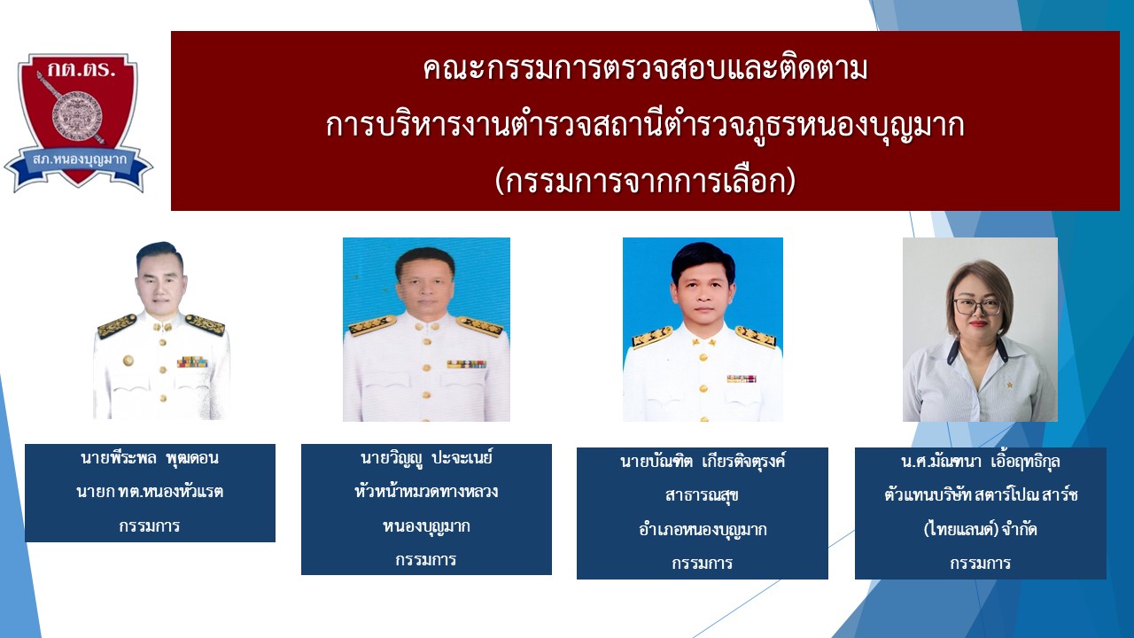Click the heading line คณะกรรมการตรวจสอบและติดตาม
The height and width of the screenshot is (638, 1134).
tap(645, 70)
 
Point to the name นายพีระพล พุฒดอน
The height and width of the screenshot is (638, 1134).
tap(150, 459)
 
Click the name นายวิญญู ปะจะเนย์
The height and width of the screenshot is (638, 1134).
tap(426, 458)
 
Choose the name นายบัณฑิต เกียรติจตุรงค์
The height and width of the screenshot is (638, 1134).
tap(703, 462)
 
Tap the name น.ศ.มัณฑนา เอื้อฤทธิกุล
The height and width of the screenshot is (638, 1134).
tap(980, 462)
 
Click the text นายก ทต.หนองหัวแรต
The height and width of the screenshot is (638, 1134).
tap(150, 492)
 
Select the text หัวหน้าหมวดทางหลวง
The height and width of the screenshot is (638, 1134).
tap(426, 492)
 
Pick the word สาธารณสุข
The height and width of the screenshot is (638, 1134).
tap(703, 495)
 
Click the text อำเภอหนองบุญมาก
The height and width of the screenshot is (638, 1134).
tap(703, 530)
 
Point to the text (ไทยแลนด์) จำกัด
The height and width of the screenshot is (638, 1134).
tap(980, 530)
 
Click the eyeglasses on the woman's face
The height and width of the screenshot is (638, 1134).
tap(977, 306)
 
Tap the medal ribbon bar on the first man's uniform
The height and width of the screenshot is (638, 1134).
tap(192, 362)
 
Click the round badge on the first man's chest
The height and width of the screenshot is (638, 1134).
tap(128, 361)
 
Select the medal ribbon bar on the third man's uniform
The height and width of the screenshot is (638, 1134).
tap(742, 378)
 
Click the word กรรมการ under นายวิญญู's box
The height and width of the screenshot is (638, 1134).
tap(426, 559)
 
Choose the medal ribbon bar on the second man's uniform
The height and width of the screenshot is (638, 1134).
tap(467, 364)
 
